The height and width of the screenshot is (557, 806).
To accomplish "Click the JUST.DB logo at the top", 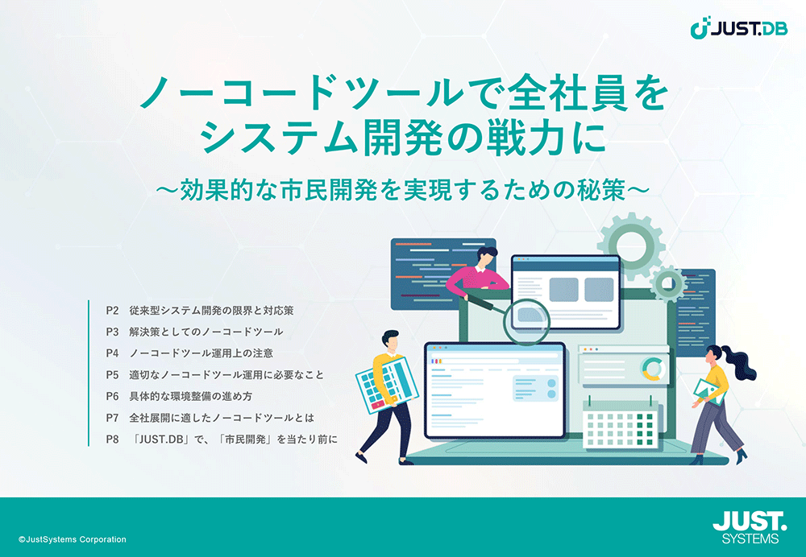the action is point(738,27).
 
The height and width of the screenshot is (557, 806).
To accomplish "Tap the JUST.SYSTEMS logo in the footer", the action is point(750,527).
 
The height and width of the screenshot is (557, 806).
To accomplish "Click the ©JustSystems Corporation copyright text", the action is point(72,539).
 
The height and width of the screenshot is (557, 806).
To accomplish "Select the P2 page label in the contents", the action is point(112,310).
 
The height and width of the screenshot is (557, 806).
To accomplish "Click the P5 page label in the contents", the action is point(112,375).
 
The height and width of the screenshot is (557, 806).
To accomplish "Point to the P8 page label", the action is point(112,439).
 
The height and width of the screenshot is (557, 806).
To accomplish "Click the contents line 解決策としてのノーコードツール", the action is point(206,332).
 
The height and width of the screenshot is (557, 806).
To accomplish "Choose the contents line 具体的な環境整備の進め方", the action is point(191,396).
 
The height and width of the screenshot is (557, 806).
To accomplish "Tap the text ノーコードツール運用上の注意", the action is point(201,353).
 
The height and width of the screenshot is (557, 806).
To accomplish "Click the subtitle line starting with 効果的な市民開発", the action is point(402,190).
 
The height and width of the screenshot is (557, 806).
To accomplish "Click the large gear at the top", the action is point(631,246).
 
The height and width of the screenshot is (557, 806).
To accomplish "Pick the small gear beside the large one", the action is point(668,283).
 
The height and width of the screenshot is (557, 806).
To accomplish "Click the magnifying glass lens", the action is point(527,321).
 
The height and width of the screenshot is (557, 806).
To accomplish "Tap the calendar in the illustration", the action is point(620,423).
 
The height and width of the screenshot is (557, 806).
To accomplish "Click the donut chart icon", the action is point(654,369).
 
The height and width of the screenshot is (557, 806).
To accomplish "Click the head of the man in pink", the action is point(486,257).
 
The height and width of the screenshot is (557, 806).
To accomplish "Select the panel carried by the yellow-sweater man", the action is point(387,384).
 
